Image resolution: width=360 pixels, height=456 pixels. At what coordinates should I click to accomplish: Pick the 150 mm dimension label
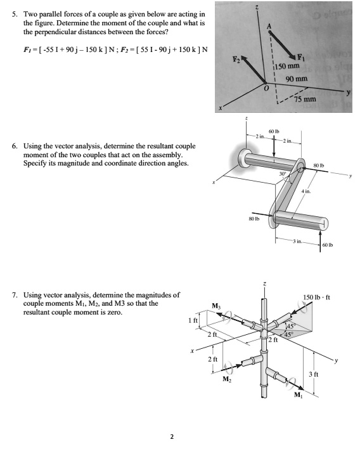(289, 67)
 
